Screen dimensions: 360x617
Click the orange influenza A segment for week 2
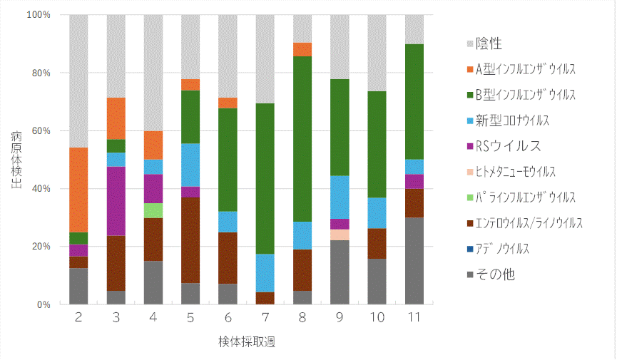tap(78, 190)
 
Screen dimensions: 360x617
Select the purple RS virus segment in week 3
tap(116, 201)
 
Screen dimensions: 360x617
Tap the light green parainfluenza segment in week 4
tap(153, 210)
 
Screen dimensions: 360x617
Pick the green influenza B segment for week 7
tap(265, 178)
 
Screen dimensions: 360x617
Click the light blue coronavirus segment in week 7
tap(265, 273)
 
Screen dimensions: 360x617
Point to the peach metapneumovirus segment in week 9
tap(340, 235)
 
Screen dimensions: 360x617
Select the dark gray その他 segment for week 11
tap(414, 261)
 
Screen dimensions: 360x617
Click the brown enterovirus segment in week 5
tap(190, 240)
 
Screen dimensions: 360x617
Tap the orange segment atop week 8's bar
tap(302, 49)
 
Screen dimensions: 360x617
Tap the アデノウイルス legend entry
tap(509, 249)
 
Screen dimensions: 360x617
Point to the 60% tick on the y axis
tap(41, 130)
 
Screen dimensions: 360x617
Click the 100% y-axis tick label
tap(38, 15)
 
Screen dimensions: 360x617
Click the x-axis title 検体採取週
tap(247, 341)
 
